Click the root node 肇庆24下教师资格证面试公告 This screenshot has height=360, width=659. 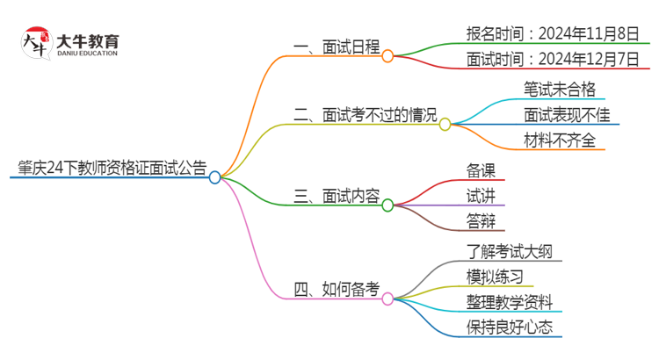[108, 168]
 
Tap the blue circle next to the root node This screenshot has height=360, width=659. [215, 176]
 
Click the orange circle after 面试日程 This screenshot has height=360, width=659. [387, 55]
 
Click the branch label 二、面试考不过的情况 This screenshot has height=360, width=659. [364, 115]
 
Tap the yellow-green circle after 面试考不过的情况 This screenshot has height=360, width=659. [445, 124]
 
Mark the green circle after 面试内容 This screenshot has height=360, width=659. [387, 204]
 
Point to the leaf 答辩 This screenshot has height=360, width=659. [481, 220]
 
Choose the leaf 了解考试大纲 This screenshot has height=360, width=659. [511, 252]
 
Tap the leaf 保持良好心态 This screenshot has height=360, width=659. [511, 328]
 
